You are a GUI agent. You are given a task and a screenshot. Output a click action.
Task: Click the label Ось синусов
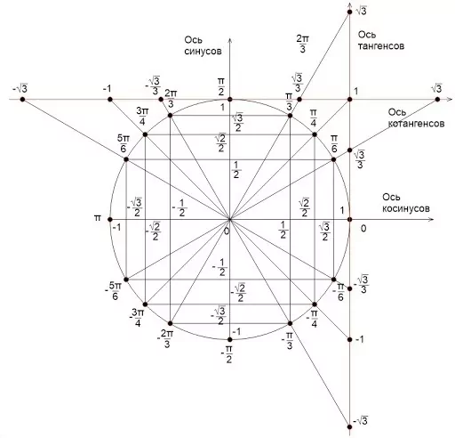point(203,45)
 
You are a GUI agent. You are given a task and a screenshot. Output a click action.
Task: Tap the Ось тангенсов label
point(381,40)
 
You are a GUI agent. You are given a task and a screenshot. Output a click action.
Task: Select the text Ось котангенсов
point(416,118)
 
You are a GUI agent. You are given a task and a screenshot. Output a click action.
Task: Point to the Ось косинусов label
point(406,203)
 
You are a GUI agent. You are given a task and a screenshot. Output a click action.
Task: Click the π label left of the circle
point(98,218)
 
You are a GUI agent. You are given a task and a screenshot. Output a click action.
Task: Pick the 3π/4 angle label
point(142,117)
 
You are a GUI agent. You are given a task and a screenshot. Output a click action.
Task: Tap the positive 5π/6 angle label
point(124,143)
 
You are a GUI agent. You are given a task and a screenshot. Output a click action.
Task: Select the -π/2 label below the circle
point(227,355)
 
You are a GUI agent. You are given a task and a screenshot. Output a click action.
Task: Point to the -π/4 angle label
point(312,319)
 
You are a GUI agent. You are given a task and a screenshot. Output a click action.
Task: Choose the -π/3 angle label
point(287,341)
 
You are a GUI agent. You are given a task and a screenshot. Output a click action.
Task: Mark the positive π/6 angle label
point(334,144)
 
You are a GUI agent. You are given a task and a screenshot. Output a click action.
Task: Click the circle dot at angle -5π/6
point(126,280)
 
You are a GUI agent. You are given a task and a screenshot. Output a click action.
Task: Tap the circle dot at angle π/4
point(315,134)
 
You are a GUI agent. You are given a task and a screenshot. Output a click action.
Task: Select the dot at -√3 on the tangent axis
point(349,427)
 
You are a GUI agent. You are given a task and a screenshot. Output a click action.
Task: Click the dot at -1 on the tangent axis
point(349,339)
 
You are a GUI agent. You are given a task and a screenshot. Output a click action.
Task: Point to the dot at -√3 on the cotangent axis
point(22,100)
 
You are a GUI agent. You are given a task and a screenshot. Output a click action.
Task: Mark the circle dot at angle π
point(110,220)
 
